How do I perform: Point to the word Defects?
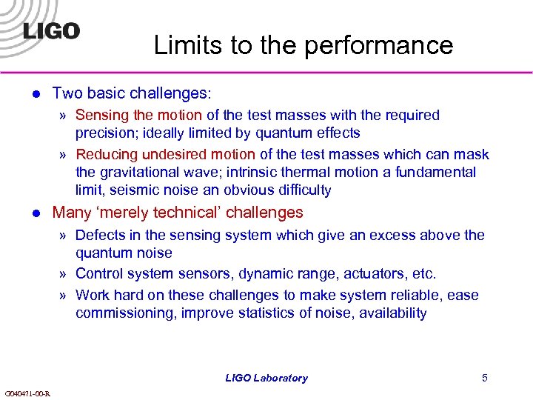[100, 236]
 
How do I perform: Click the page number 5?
[484, 378]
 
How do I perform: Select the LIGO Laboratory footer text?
[266, 378]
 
